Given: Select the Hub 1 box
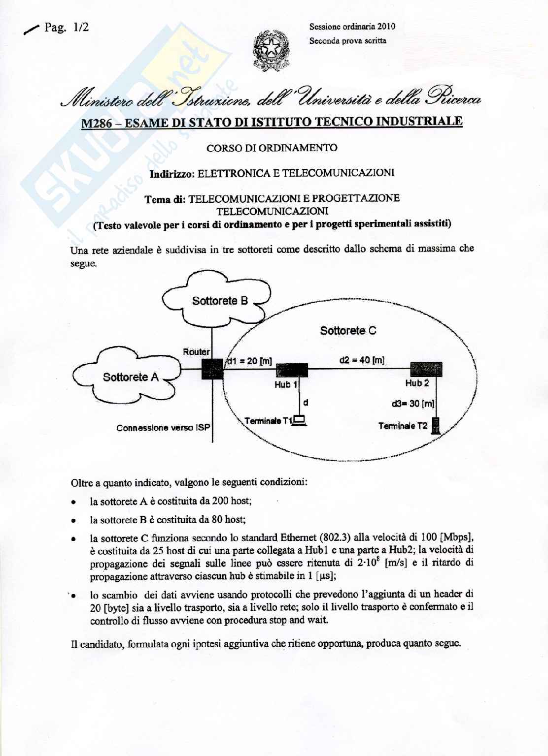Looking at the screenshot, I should [x=292, y=370].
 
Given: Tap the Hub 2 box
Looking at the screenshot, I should [x=426, y=369].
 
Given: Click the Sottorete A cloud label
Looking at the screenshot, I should [x=131, y=377].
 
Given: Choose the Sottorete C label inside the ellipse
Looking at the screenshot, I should [x=348, y=330].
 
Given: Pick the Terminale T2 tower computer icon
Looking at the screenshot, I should [x=435, y=426].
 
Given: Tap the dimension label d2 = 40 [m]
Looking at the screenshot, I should [x=362, y=360].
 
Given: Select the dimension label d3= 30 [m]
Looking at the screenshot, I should [x=413, y=404].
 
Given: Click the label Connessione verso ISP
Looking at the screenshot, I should [x=163, y=428].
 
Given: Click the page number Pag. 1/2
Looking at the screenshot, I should [x=67, y=28].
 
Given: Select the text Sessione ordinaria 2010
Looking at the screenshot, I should [x=352, y=27].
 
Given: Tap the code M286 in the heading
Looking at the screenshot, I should [x=97, y=123].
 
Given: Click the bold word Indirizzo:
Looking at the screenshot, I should [x=172, y=173].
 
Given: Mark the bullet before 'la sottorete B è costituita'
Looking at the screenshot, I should [x=73, y=520].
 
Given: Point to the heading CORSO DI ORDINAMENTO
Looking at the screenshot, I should [x=272, y=148].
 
